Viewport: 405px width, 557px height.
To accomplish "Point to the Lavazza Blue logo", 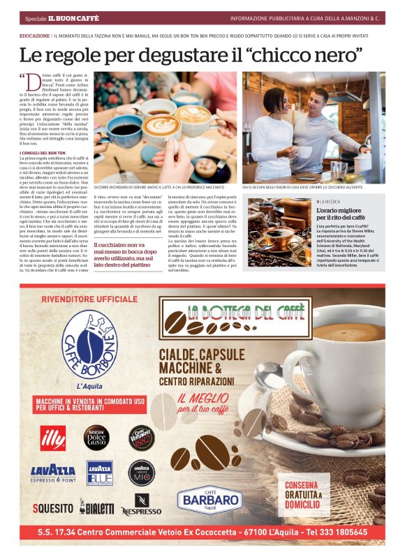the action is [99, 472].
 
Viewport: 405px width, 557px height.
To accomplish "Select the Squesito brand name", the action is [52, 507].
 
